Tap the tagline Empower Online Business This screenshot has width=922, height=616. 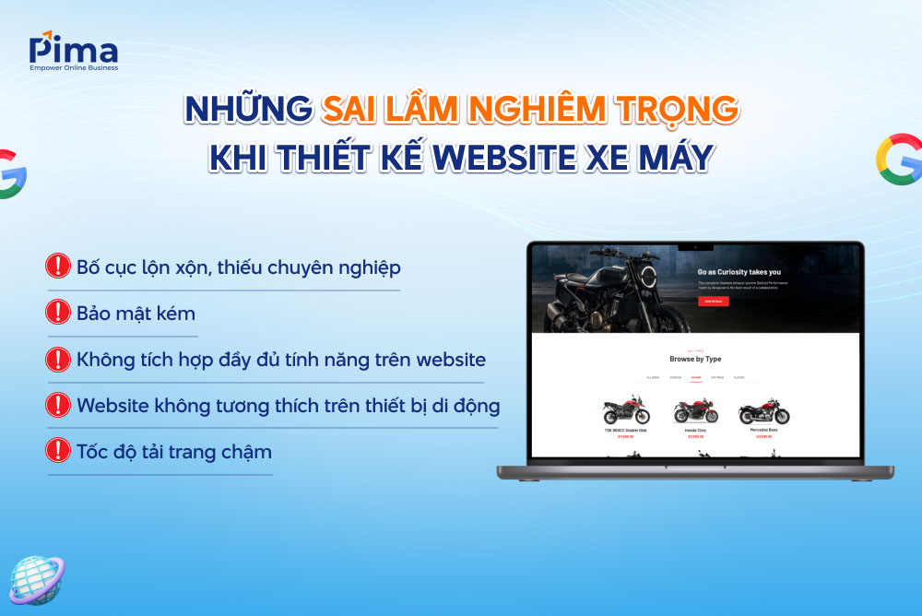pos(73,66)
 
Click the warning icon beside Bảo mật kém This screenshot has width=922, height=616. pos(58,313)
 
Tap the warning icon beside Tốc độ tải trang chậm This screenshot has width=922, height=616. pos(58,450)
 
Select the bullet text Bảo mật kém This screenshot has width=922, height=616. pos(136,314)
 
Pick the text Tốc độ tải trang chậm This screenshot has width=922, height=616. pos(174,452)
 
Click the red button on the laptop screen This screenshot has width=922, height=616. pos(713,302)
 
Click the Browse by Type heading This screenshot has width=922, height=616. pos(696,359)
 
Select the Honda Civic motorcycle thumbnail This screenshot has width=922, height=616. pos(696,410)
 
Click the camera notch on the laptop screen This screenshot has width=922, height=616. pos(696,247)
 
